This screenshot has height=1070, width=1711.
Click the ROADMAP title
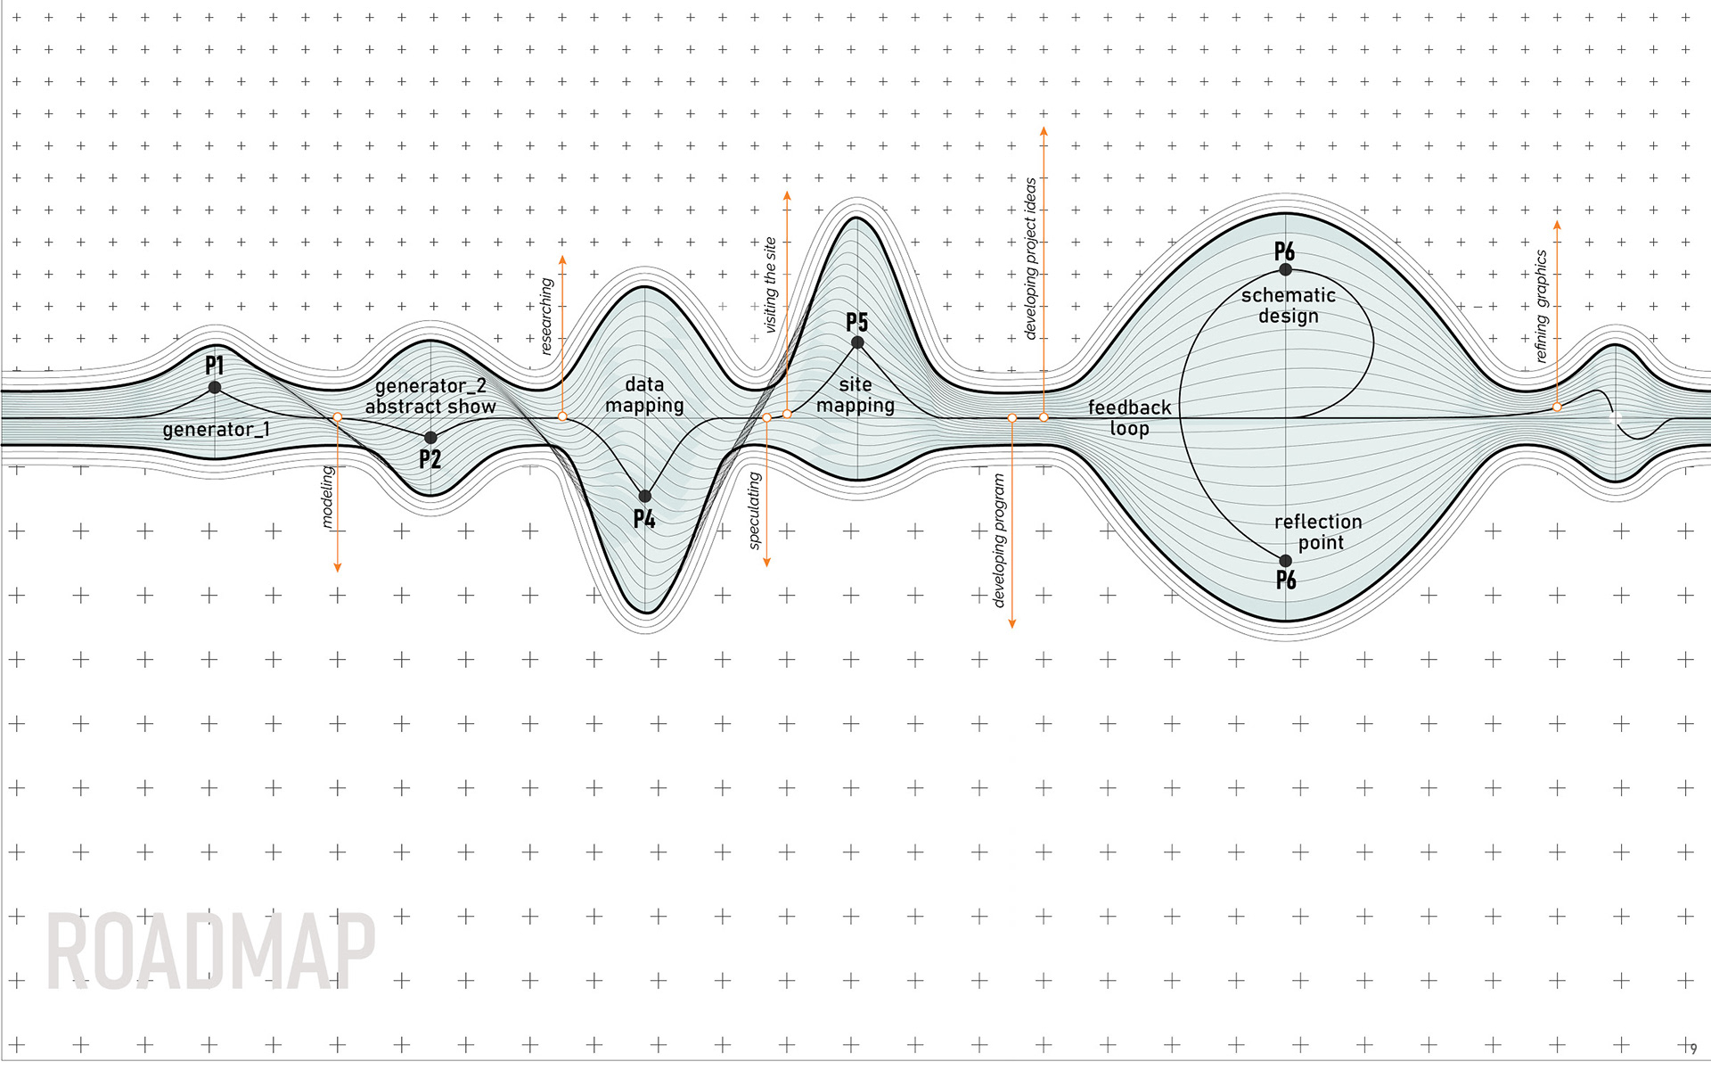pos(210,951)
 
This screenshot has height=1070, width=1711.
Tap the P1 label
pos(214,365)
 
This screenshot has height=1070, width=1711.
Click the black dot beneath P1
pos(215,387)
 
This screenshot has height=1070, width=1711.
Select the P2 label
pos(430,459)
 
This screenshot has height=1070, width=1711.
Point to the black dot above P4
pos(644,496)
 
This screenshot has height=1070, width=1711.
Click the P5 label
pos(856,322)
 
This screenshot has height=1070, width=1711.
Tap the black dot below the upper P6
pos(1285,269)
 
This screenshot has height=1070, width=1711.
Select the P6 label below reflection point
pos(1286,580)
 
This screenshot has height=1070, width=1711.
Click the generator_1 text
pos(216,430)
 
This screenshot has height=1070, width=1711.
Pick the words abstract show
pos(430,407)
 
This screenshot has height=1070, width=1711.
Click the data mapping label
pos(644,395)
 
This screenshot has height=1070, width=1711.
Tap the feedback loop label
pos(1129,417)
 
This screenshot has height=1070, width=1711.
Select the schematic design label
pos(1288,305)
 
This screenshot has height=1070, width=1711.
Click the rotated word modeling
pos(327,496)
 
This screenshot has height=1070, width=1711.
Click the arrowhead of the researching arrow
pos(562,259)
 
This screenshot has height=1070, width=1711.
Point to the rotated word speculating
pos(754,510)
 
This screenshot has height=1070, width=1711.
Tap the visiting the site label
pos(770,285)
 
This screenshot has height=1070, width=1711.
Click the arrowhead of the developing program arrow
pos(1011,623)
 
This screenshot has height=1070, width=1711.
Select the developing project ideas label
pos(1030,259)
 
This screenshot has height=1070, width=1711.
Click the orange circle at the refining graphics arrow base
pos(1557,407)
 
